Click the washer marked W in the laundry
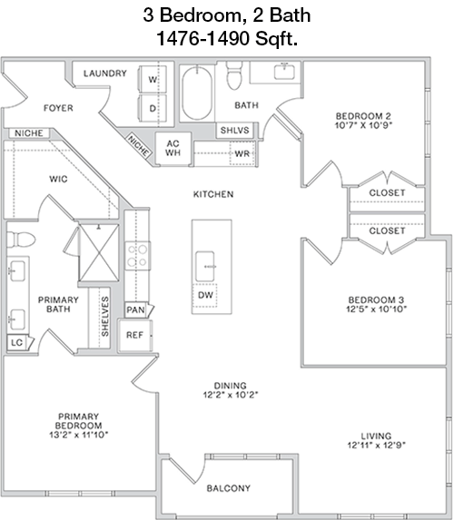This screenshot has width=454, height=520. coord(153,79)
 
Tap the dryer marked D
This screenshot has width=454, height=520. coord(153,108)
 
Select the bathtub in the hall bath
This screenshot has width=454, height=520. coord(197,93)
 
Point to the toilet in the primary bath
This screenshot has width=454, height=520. coord(21,240)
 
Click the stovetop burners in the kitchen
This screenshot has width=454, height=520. coord(138,256)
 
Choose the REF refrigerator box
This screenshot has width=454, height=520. coord(135,335)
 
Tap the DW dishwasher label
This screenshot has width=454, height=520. coord(205,295)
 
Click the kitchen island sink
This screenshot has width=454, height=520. coord(205,266)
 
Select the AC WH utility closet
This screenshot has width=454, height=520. coord(173,149)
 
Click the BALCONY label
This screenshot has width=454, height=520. coord(228,488)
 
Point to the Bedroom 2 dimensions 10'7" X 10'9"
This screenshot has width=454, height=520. coord(364,125)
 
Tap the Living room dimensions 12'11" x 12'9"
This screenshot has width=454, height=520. coord(377,445)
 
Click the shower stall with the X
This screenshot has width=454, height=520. coord(99,252)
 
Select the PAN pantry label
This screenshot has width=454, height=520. coord(135,310)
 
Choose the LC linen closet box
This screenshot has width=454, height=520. coord(17,342)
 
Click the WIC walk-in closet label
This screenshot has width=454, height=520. coord(58,179)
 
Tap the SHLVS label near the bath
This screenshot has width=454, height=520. coord(234,130)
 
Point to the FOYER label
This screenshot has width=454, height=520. coord(58,108)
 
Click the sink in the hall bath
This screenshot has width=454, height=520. coord(284,72)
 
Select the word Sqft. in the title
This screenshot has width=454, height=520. coord(276,39)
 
